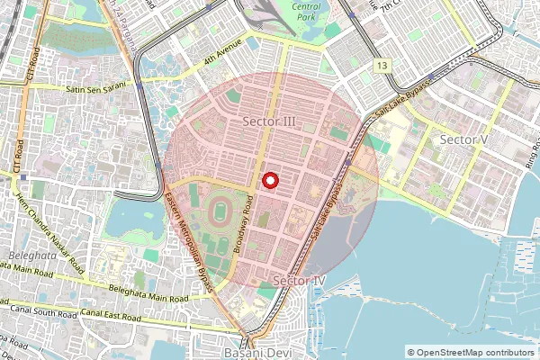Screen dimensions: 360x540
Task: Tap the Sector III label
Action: pos(270,121)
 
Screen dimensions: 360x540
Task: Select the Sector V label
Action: pos(463,139)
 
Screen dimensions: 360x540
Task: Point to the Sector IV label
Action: pos(298,282)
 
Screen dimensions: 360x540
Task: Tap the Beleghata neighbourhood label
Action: pos(23,256)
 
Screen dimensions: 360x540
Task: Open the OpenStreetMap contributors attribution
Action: pos(476,352)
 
